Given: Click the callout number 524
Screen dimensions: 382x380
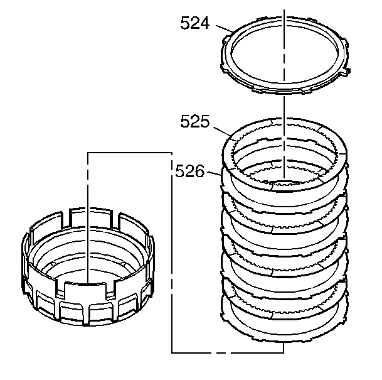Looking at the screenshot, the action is click(195, 23).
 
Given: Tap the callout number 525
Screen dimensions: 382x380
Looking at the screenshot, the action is click(195, 121).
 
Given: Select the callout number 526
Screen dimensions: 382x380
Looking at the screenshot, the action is click(190, 171).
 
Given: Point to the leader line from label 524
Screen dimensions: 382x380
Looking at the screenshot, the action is click(224, 28).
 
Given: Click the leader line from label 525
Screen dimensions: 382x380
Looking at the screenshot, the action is click(222, 131).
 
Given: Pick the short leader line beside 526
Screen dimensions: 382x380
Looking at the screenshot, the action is click(214, 173).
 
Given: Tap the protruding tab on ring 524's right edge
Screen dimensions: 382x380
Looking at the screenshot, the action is click(346, 71).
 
